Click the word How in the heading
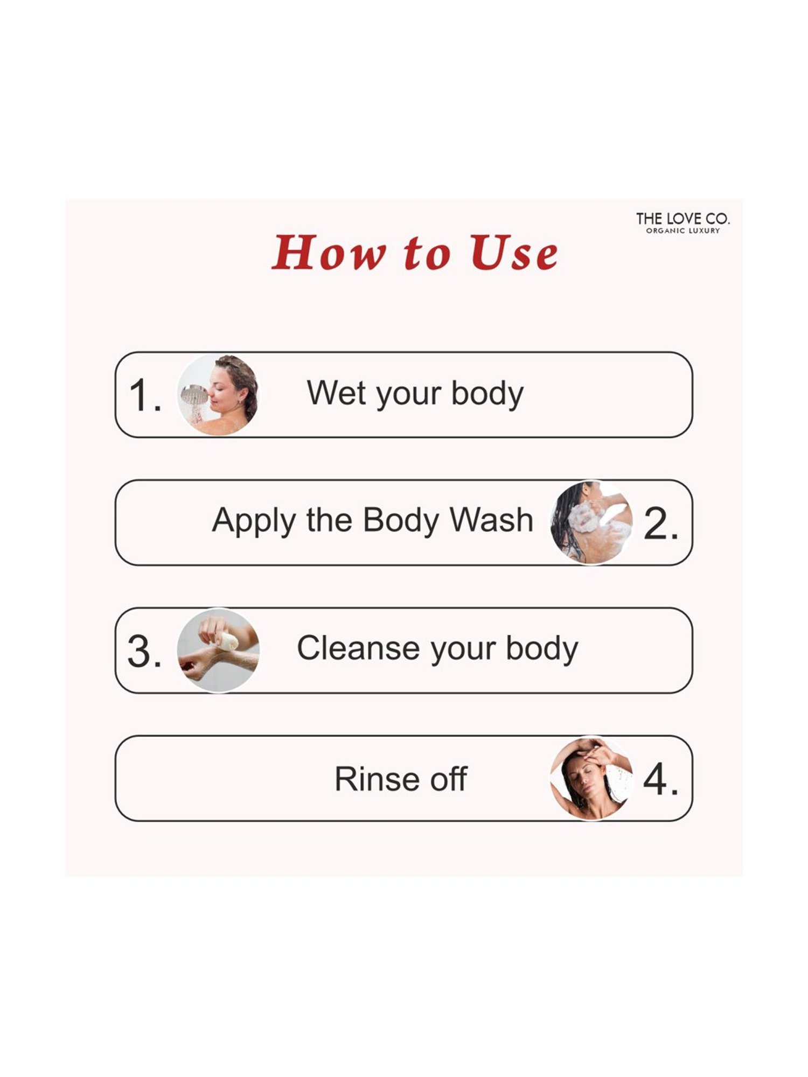[x=329, y=253]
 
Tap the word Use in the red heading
[x=514, y=253]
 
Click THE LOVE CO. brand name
[x=682, y=219]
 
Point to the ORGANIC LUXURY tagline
[x=682, y=230]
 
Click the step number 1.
[x=144, y=395]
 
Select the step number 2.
[x=661, y=523]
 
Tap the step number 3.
[x=144, y=651]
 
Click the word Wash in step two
[x=491, y=520]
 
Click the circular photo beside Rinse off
[x=591, y=778]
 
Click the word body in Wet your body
[x=487, y=394]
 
